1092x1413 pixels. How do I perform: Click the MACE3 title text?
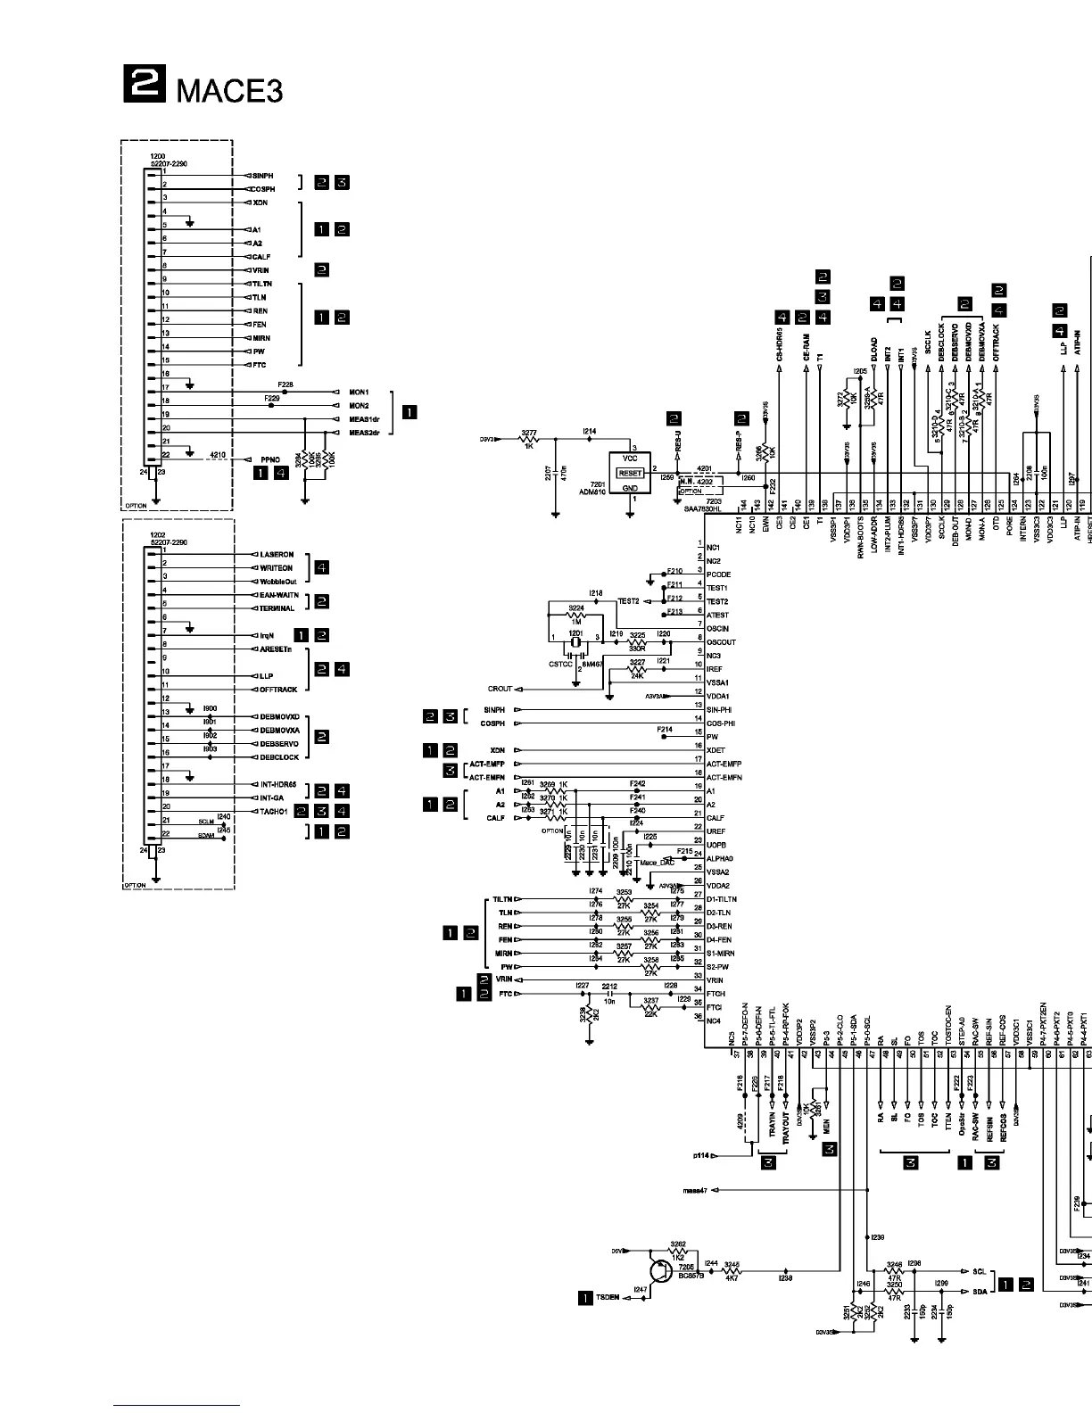[x=230, y=90]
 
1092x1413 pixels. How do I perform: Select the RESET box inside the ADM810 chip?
[x=630, y=473]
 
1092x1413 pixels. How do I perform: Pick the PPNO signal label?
[x=269, y=460]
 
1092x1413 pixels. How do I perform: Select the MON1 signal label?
[x=359, y=392]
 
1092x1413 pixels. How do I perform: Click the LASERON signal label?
[x=277, y=555]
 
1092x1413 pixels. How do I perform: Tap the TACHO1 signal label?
[x=273, y=812]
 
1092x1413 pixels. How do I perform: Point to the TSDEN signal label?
[x=608, y=1298]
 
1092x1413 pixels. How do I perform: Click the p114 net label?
[x=700, y=1156]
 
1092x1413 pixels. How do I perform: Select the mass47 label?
[x=694, y=1190]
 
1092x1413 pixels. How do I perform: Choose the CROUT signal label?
[x=500, y=689]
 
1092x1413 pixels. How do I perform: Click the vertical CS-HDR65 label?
[x=780, y=343]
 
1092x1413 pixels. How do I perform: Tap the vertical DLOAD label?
[x=874, y=348]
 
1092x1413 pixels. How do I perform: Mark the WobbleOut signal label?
[x=278, y=582]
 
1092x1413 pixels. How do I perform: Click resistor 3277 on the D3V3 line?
[x=528, y=439]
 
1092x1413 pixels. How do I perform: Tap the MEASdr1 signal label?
[x=364, y=419]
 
